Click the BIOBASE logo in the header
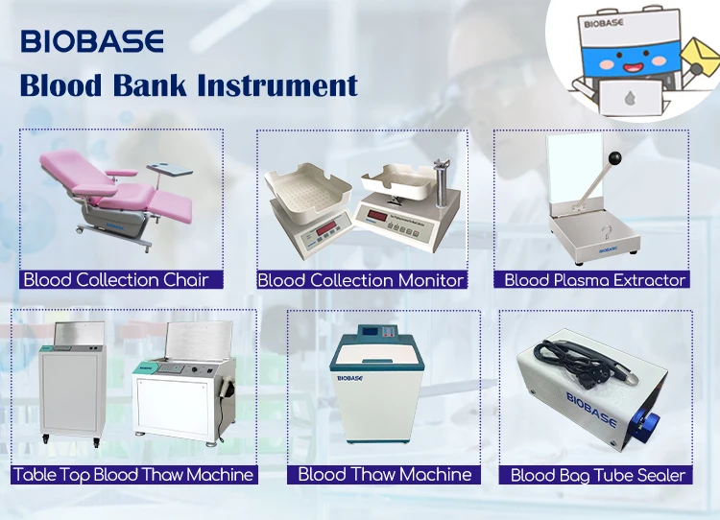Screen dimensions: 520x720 pyautogui.click(x=92, y=41)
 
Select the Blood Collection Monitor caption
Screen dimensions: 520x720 pyautogui.click(x=361, y=280)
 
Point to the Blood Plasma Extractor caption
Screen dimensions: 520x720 pyautogui.click(x=595, y=280)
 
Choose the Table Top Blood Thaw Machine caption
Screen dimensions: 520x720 pyautogui.click(x=133, y=474)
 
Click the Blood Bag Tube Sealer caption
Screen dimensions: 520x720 pyautogui.click(x=597, y=475)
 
